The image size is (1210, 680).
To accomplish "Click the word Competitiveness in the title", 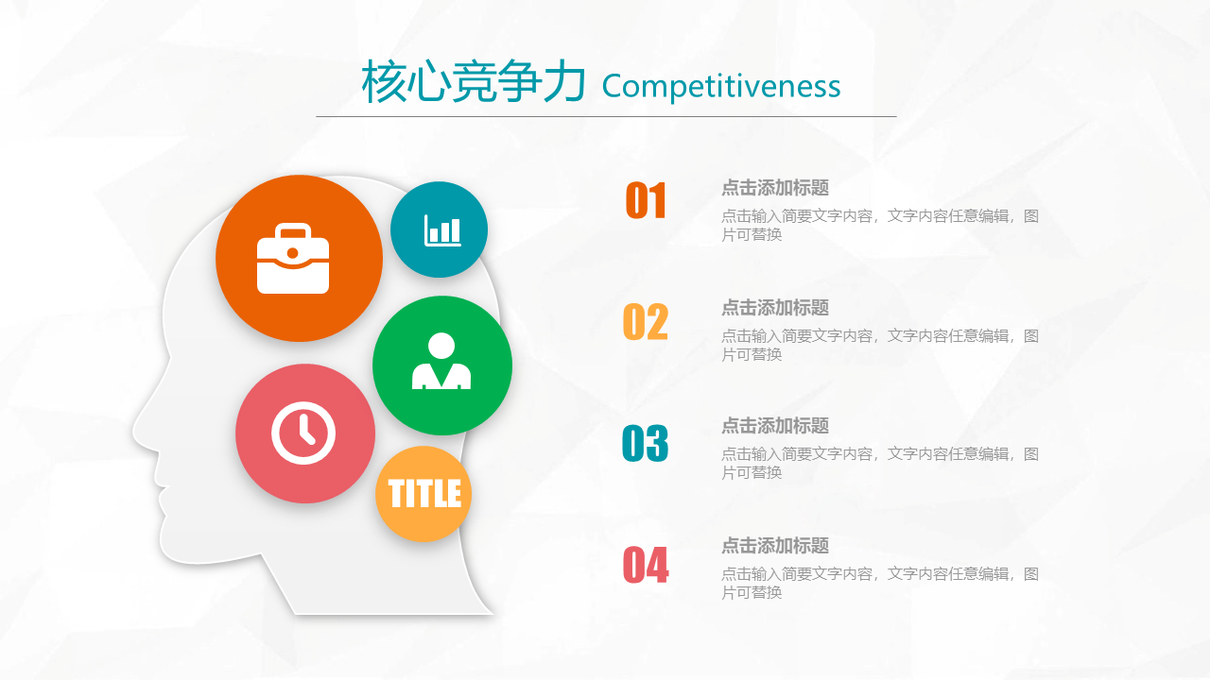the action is [x=721, y=86].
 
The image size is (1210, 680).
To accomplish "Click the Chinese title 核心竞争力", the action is [x=474, y=81].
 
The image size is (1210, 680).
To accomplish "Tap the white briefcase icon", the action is [x=293, y=259].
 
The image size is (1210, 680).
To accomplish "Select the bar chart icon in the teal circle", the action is [x=442, y=230].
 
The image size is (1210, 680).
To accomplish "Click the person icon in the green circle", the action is [x=441, y=361].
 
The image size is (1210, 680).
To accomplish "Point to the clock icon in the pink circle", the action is [x=303, y=433].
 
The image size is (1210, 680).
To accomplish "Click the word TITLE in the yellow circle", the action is [x=424, y=493].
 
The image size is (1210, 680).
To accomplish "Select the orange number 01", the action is [x=646, y=200].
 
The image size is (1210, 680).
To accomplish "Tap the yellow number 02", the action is [x=646, y=322].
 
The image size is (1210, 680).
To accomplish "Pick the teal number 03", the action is [x=646, y=443].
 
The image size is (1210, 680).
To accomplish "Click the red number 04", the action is [x=646, y=565].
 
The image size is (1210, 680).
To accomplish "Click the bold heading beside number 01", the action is [x=775, y=188].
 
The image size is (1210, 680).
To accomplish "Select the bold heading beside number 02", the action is [x=775, y=308].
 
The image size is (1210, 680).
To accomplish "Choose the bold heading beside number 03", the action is [x=775, y=426].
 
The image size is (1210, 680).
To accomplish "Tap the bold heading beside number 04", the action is [x=775, y=546].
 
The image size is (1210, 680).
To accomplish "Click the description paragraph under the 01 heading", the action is [x=880, y=225].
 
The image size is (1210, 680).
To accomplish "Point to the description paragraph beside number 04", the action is [x=880, y=583].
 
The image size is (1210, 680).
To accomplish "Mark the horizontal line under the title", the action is [x=606, y=116].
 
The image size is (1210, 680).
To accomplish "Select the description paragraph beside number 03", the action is [x=880, y=463].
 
